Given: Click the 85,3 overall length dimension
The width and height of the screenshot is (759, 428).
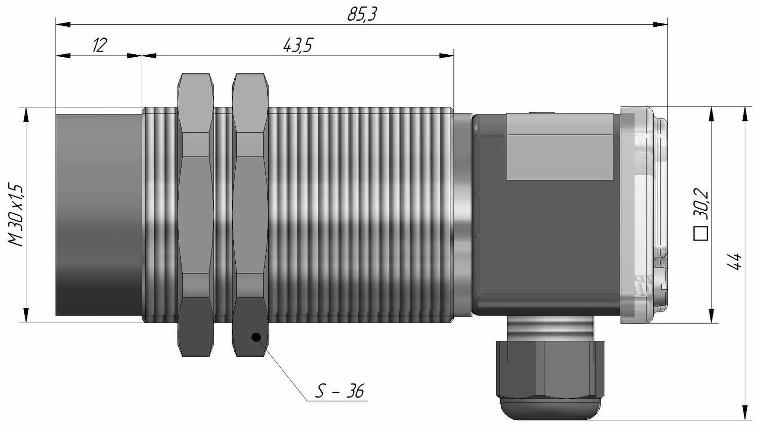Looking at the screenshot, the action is [362, 15].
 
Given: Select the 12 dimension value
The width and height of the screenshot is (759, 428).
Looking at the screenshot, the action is [99, 45].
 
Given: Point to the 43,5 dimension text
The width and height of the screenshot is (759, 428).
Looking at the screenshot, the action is [298, 45].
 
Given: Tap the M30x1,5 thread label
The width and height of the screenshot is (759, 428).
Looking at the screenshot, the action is [16, 215].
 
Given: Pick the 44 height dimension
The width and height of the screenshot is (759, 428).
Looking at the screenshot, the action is [735, 261].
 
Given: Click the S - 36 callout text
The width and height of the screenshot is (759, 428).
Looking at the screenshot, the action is [340, 391].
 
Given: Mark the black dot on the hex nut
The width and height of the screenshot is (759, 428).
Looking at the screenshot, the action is [256, 337].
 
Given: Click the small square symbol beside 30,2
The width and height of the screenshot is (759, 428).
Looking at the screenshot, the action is [701, 234].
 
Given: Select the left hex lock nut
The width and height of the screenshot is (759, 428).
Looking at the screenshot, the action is [196, 215].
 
